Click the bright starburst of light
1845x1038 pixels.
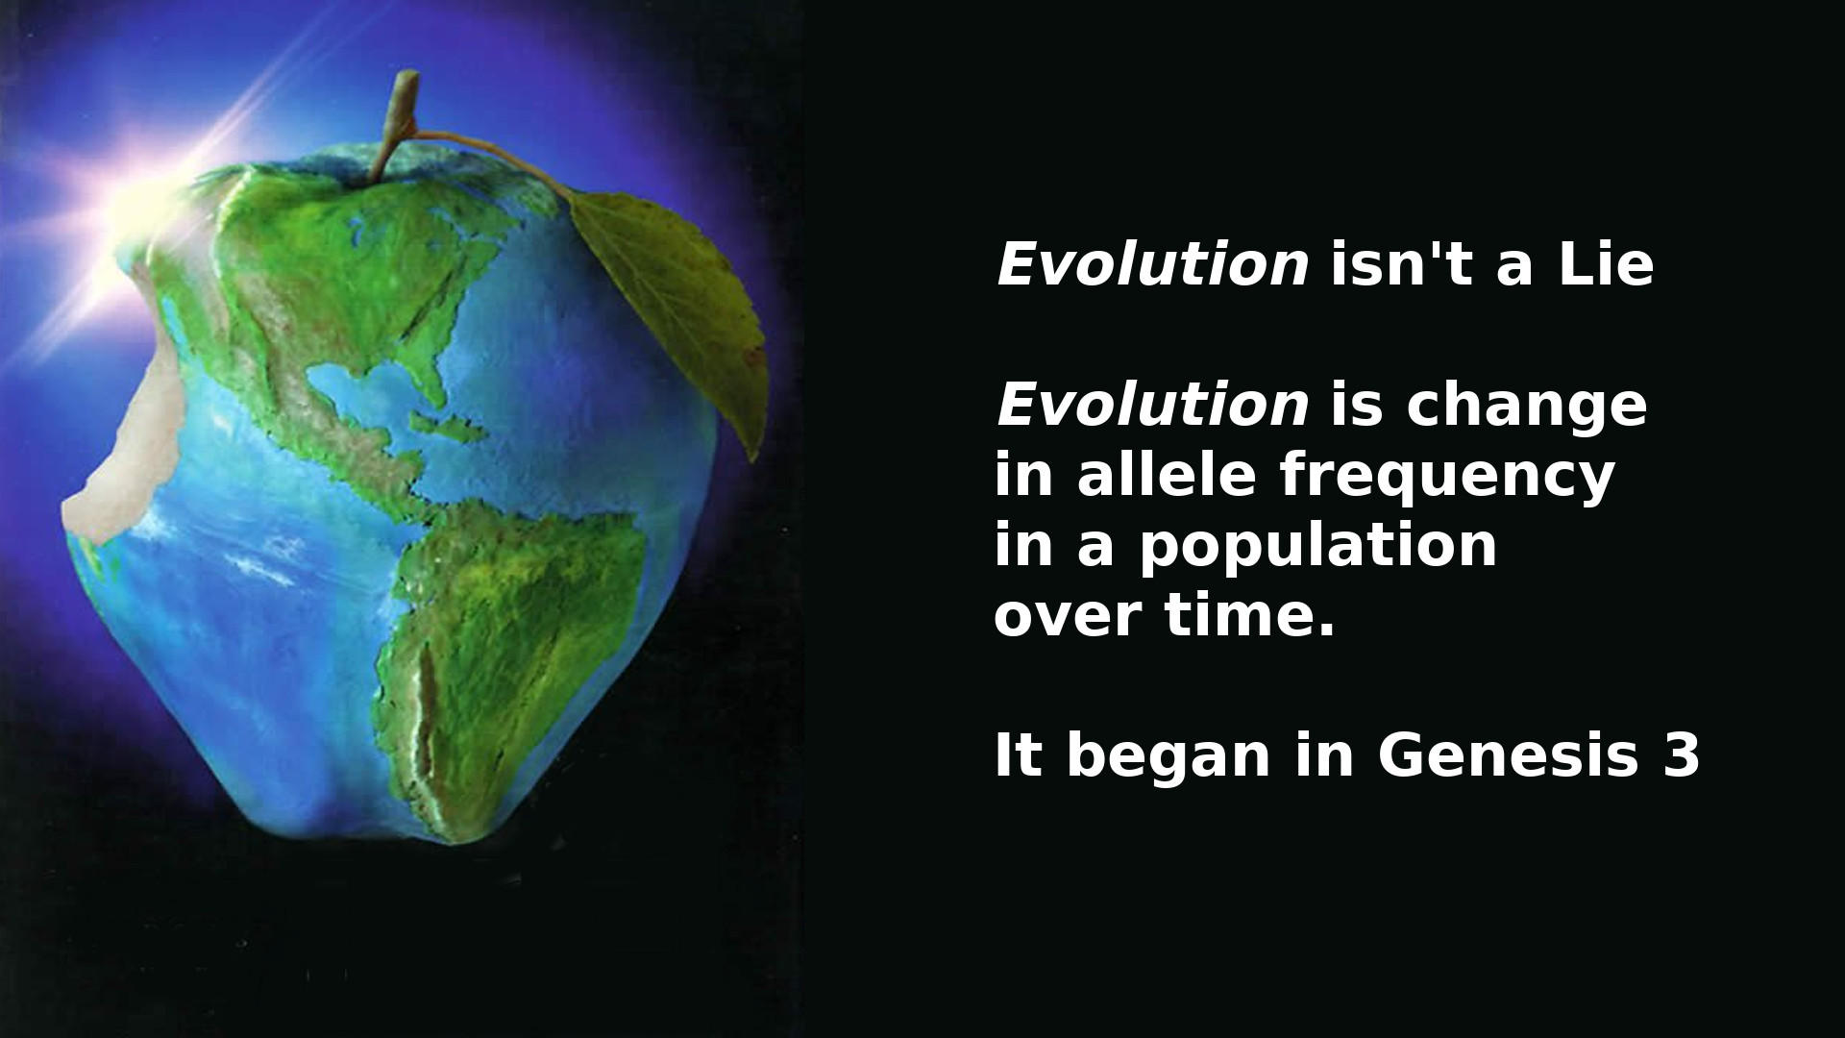144,192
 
